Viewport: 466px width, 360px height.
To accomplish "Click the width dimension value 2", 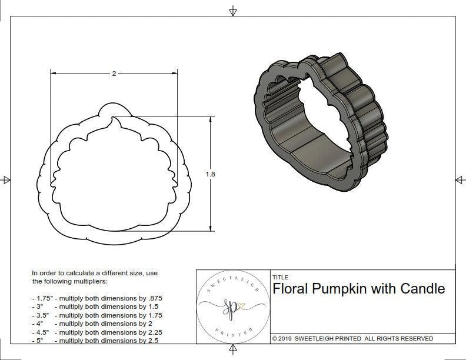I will click(x=114, y=74).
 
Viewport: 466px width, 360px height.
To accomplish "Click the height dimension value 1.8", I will click(x=210, y=174).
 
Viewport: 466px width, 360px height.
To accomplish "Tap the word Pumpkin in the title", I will click(x=342, y=289).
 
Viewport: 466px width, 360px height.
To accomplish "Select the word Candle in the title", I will click(x=422, y=289).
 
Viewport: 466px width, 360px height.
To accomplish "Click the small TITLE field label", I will click(x=281, y=277).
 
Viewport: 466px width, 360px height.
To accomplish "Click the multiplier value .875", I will click(x=154, y=298).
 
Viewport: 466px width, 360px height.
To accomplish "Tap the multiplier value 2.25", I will click(x=152, y=332).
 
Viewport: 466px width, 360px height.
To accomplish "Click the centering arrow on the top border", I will click(x=233, y=11).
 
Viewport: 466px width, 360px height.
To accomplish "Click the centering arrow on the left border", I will click(x=6, y=179).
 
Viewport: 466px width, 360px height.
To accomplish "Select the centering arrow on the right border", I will click(x=460, y=179).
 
